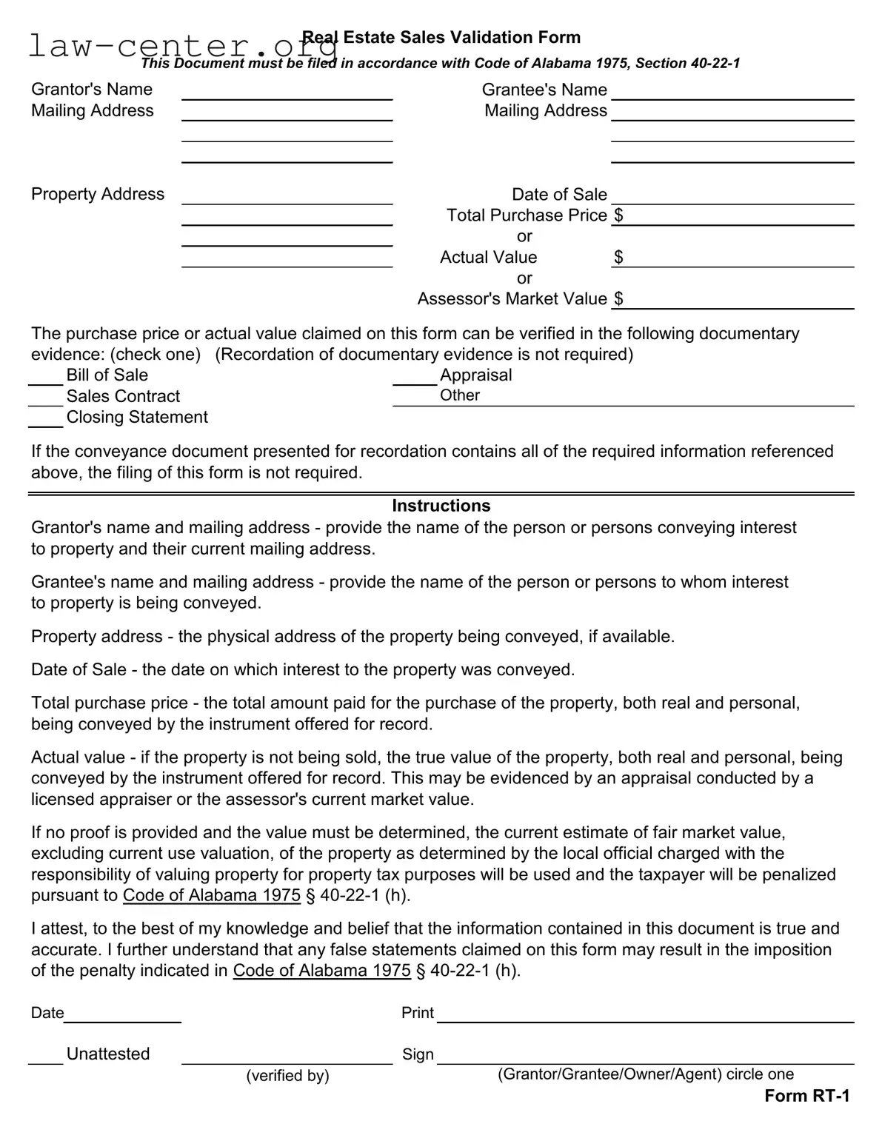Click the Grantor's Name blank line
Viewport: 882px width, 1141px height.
287,92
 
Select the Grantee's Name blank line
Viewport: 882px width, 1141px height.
732,92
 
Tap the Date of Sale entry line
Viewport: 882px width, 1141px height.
732,196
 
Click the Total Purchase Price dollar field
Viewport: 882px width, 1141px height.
738,217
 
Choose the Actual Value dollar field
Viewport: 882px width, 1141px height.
738,258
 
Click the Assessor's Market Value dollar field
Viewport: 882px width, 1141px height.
738,301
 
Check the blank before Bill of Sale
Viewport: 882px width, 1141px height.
46,378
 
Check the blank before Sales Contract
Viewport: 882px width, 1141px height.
46,398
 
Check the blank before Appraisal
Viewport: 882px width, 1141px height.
415,378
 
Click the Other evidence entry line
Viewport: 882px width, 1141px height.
666,398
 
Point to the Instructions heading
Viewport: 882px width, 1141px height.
441,506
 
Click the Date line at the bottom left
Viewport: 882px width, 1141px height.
122,1014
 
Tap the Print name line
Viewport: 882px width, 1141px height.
645,1014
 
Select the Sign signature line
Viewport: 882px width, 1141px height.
645,1056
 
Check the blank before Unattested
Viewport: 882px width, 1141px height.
46,1057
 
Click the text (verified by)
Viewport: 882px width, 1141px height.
287,1076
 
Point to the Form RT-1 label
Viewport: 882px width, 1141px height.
806,1096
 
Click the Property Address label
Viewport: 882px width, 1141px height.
98,194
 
